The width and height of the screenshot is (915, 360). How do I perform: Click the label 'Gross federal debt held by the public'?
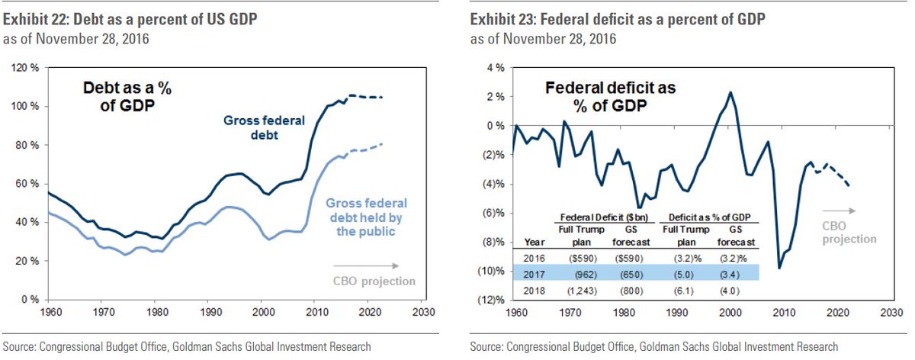(367, 217)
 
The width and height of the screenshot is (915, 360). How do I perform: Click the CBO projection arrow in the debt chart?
(366, 266)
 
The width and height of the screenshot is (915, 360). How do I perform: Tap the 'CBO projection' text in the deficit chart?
(849, 233)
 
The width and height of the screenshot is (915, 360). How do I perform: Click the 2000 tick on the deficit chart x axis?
(732, 313)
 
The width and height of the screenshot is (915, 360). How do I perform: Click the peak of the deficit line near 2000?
(730, 92)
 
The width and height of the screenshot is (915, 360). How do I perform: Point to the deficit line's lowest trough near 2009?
(779, 268)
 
